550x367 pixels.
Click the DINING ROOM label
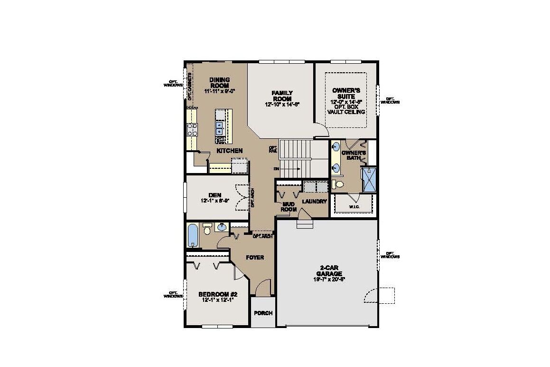(220, 82)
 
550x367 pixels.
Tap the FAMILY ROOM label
(282, 96)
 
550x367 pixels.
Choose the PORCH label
(263, 313)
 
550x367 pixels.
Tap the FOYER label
(255, 258)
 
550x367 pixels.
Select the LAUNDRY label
(315, 202)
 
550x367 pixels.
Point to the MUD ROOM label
(289, 207)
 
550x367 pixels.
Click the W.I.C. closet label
(354, 206)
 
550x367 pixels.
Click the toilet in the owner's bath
(338, 184)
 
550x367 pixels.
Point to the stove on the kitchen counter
(192, 129)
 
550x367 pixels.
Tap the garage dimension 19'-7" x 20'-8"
(329, 280)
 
